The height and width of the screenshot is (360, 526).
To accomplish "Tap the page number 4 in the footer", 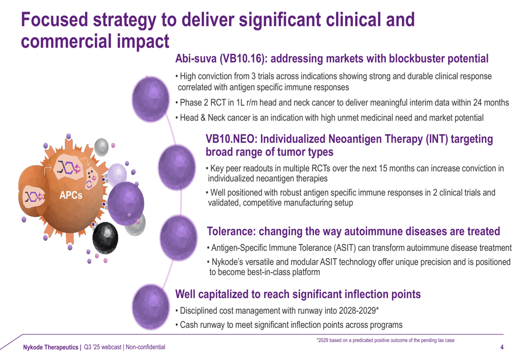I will [x=502, y=347].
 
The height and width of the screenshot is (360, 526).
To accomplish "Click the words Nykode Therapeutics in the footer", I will [x=50, y=347].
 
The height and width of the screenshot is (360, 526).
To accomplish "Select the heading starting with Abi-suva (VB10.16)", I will [x=331, y=58].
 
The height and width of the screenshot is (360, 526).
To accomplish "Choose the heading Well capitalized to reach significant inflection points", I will [x=297, y=294].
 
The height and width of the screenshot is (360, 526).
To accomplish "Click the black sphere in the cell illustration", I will [x=109, y=238].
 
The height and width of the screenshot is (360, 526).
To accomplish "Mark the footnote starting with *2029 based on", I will [x=385, y=341].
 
